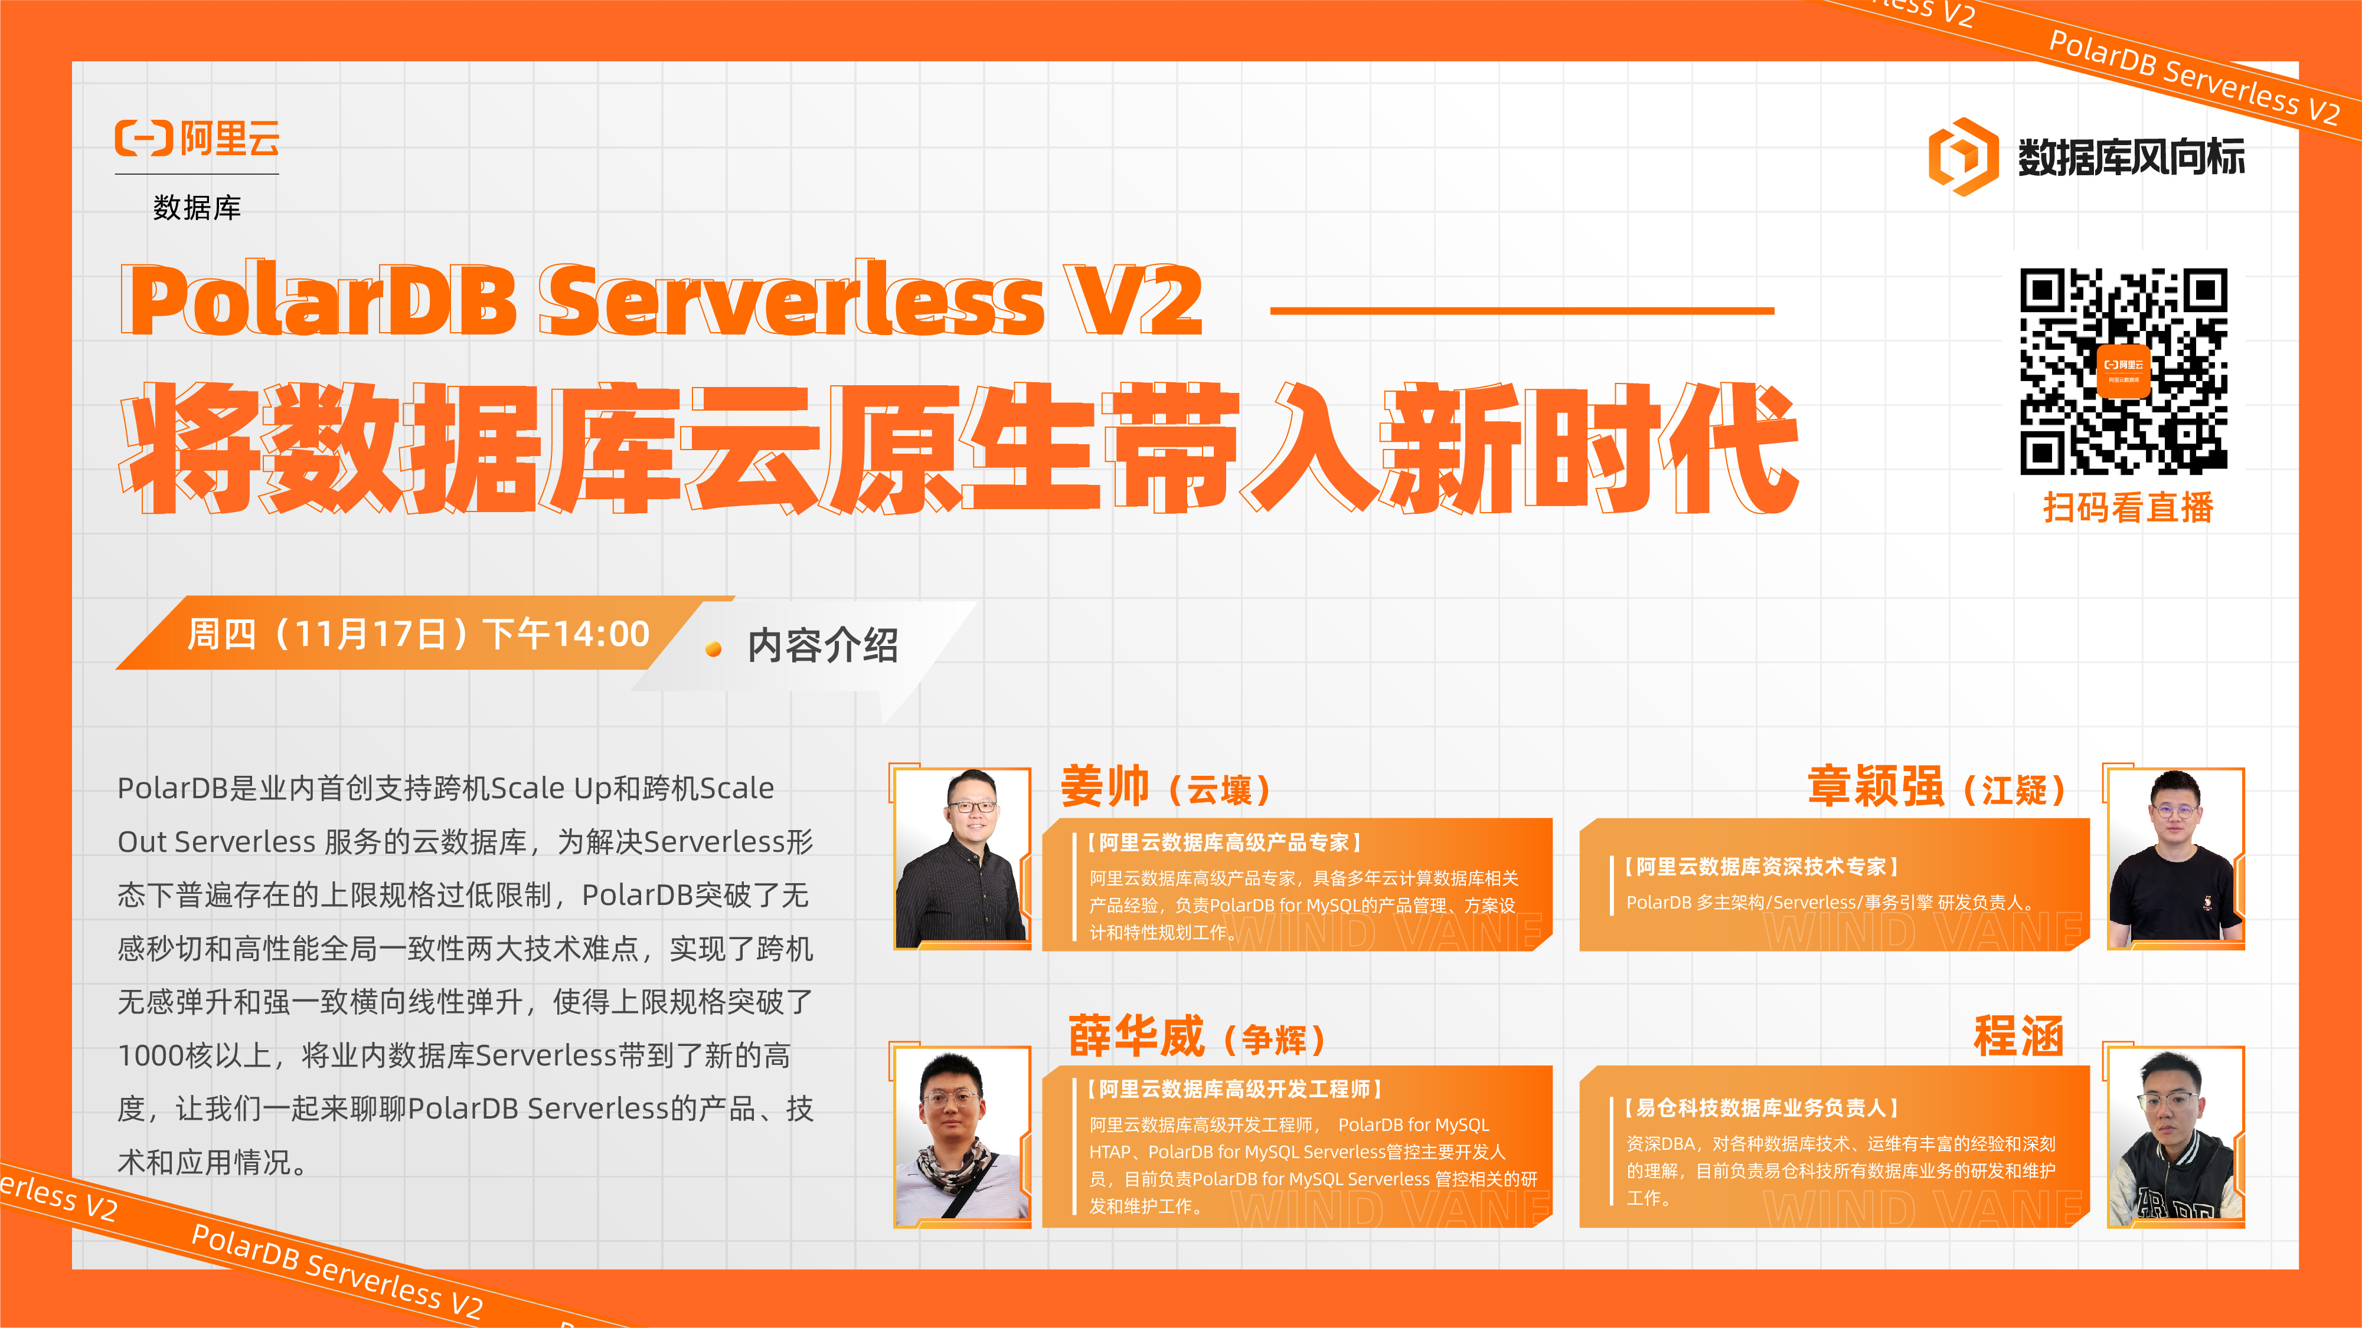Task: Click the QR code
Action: pyautogui.click(x=2123, y=371)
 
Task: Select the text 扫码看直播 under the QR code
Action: pyautogui.click(x=2128, y=507)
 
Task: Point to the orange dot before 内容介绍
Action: pyautogui.click(x=713, y=650)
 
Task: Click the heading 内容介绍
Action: pyautogui.click(x=822, y=646)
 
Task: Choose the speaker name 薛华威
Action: pyautogui.click(x=1136, y=1037)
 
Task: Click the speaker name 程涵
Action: pyautogui.click(x=2018, y=1037)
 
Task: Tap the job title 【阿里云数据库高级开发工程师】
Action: pyautogui.click(x=1234, y=1089)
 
